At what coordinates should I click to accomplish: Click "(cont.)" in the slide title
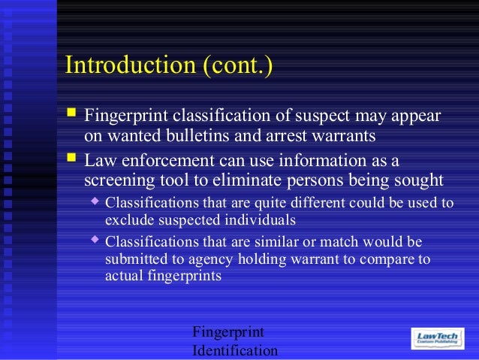236,65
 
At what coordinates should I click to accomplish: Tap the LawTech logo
441,337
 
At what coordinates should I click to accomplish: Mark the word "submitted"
136,260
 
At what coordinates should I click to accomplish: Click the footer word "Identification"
235,351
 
